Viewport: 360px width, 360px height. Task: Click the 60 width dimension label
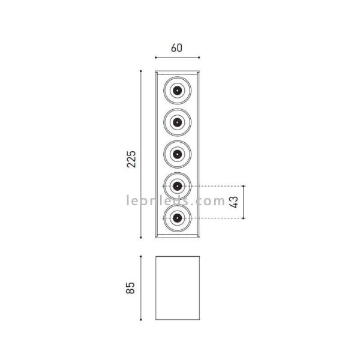(x=176, y=47)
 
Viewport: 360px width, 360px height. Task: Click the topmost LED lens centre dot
(x=178, y=91)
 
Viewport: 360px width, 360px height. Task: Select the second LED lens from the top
(x=178, y=123)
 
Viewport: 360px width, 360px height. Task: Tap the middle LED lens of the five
(x=178, y=154)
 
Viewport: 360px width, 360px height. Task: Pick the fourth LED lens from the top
(x=178, y=186)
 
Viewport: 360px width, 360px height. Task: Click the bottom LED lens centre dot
(x=178, y=218)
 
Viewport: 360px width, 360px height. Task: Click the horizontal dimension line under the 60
(x=178, y=58)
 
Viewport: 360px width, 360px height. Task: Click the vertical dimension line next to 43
(x=244, y=203)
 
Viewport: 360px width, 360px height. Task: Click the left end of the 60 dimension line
(x=155, y=58)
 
